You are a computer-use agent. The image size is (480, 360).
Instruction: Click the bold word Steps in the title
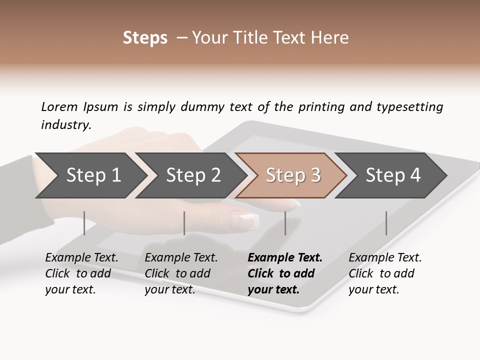(145, 38)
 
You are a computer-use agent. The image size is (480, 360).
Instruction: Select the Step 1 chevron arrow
(90, 175)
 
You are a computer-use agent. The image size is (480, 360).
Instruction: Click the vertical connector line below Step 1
(84, 223)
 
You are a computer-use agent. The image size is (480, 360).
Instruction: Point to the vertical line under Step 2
(184, 223)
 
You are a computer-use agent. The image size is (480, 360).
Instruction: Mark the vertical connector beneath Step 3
(285, 223)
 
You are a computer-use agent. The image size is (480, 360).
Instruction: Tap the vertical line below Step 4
(386, 223)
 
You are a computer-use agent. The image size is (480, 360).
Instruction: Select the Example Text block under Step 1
(81, 273)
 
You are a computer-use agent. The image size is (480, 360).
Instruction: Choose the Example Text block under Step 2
(181, 273)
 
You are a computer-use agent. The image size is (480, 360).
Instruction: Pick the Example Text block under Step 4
(385, 273)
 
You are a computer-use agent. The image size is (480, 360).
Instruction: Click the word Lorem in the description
(59, 106)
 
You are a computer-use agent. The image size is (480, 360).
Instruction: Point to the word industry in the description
(65, 125)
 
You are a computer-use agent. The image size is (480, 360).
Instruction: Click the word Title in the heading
(269, 38)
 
